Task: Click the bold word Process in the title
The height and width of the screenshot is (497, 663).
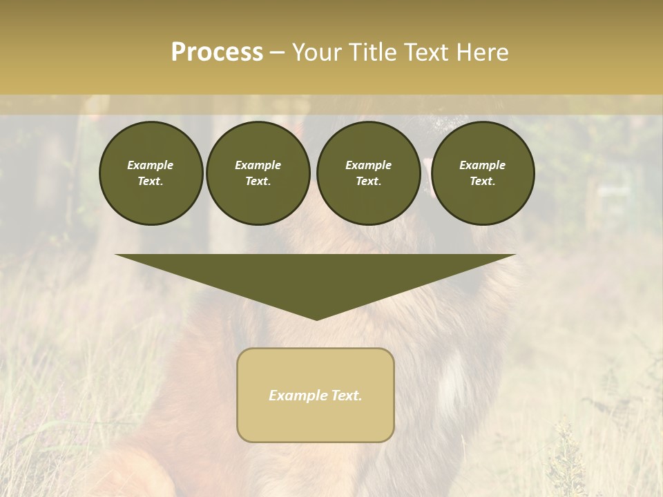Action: coord(217,52)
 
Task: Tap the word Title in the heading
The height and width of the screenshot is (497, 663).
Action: coord(372,52)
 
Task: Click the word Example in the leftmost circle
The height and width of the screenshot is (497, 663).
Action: coord(151,165)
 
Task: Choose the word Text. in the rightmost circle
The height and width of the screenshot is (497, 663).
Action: coord(482,181)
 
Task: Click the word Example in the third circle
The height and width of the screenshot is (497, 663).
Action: coord(368,165)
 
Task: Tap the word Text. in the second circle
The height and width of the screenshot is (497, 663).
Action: coord(258,181)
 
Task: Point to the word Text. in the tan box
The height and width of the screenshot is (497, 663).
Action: coord(345,396)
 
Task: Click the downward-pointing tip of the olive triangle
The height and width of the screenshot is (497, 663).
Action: coord(316,318)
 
